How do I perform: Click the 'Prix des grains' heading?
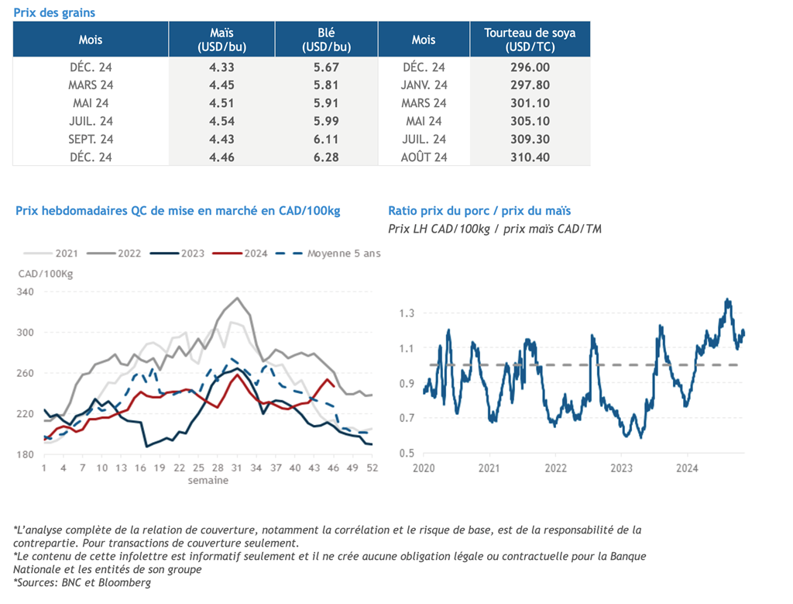click(54, 12)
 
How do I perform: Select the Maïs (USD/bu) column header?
click(221, 40)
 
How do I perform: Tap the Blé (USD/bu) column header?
click(326, 40)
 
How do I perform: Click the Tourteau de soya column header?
click(530, 40)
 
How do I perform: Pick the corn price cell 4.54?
click(221, 121)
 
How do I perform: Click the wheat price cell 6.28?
click(326, 157)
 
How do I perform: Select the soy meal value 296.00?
click(530, 67)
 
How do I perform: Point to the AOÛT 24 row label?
click(424, 157)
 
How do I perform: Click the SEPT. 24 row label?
click(91, 140)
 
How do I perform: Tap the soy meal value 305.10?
click(530, 121)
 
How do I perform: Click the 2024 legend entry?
click(240, 253)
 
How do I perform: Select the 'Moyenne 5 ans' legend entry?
click(328, 253)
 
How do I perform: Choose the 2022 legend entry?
click(114, 253)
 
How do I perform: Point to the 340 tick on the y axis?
click(26, 292)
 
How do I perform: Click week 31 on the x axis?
click(237, 468)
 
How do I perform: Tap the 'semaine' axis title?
click(208, 481)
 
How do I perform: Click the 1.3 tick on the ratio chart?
click(407, 313)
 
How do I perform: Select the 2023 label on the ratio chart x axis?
click(621, 468)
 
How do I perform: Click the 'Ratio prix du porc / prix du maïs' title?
click(479, 211)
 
